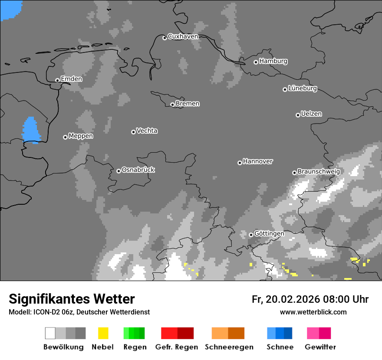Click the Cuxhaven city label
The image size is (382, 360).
[183, 36]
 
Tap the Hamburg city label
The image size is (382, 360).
[273, 61]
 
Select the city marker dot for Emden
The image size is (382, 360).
[57, 80]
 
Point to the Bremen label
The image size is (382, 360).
[188, 104]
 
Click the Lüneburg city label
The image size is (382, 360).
[303, 88]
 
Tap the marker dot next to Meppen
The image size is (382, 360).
[65, 137]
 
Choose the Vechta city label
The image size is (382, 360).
[147, 131]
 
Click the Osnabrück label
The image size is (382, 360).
[138, 170]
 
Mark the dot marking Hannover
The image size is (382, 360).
[240, 163]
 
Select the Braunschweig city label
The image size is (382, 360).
[319, 171]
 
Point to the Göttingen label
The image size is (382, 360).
[269, 233]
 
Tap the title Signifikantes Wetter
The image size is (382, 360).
[72, 299]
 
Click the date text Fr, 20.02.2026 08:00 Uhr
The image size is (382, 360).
[310, 299]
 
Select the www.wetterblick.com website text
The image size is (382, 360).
[313, 312]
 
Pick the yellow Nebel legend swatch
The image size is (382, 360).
[103, 333]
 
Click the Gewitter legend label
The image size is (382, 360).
[320, 347]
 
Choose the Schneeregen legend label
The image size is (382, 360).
[229, 347]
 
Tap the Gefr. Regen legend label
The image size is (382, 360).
[176, 347]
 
